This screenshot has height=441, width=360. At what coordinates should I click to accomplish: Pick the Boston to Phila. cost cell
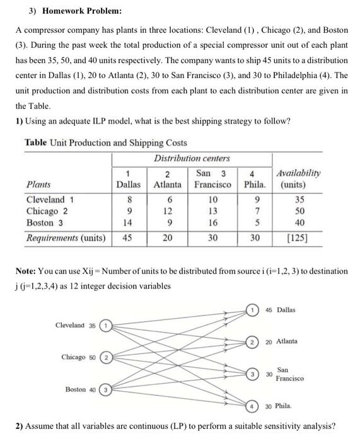[x=255, y=222]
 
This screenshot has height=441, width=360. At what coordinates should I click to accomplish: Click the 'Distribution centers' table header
[x=192, y=158]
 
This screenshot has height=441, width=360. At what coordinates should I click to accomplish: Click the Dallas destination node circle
[x=252, y=309]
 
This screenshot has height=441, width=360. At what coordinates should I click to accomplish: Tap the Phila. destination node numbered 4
[x=252, y=406]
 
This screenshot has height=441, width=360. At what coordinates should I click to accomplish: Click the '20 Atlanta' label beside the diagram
[x=282, y=341]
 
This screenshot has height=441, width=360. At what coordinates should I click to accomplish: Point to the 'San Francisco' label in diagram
[x=288, y=374]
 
